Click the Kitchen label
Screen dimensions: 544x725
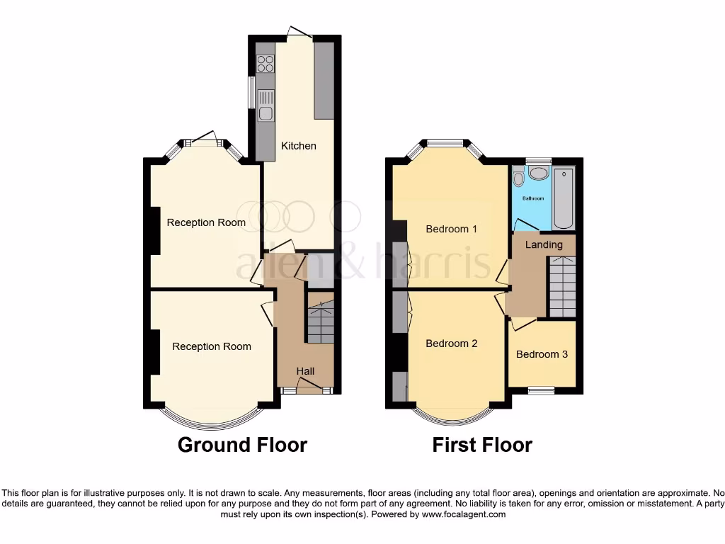(x=299, y=146)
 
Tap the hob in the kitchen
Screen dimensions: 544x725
(x=266, y=64)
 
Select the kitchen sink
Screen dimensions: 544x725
(x=266, y=106)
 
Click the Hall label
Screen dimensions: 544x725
(x=305, y=371)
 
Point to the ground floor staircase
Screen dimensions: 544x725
(x=319, y=322)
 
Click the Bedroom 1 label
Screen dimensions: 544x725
(x=452, y=229)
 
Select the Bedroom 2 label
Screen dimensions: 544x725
(x=452, y=344)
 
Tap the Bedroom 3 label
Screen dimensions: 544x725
(x=542, y=354)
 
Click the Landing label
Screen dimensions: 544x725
(x=544, y=244)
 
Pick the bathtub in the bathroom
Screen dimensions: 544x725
(x=564, y=198)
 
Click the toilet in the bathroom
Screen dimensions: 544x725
(x=518, y=176)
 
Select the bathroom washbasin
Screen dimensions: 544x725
(x=540, y=173)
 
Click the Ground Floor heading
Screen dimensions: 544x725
(x=242, y=445)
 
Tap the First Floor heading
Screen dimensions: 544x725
(x=482, y=445)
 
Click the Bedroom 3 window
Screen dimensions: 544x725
(x=542, y=389)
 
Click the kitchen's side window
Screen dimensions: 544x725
(x=251, y=92)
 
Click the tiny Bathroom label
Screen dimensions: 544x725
(x=533, y=198)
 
